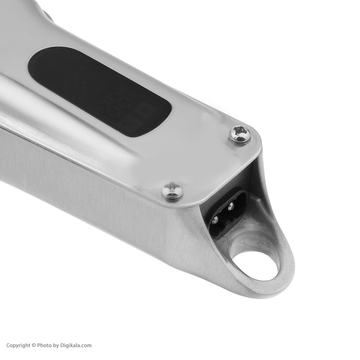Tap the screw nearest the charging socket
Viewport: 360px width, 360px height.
pos(172,190)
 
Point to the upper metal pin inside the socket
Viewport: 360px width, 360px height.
pos(231,206)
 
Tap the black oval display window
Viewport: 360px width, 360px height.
pos(100,92)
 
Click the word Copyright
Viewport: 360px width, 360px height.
pos(18,345)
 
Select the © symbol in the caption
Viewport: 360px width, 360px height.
pos(34,346)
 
